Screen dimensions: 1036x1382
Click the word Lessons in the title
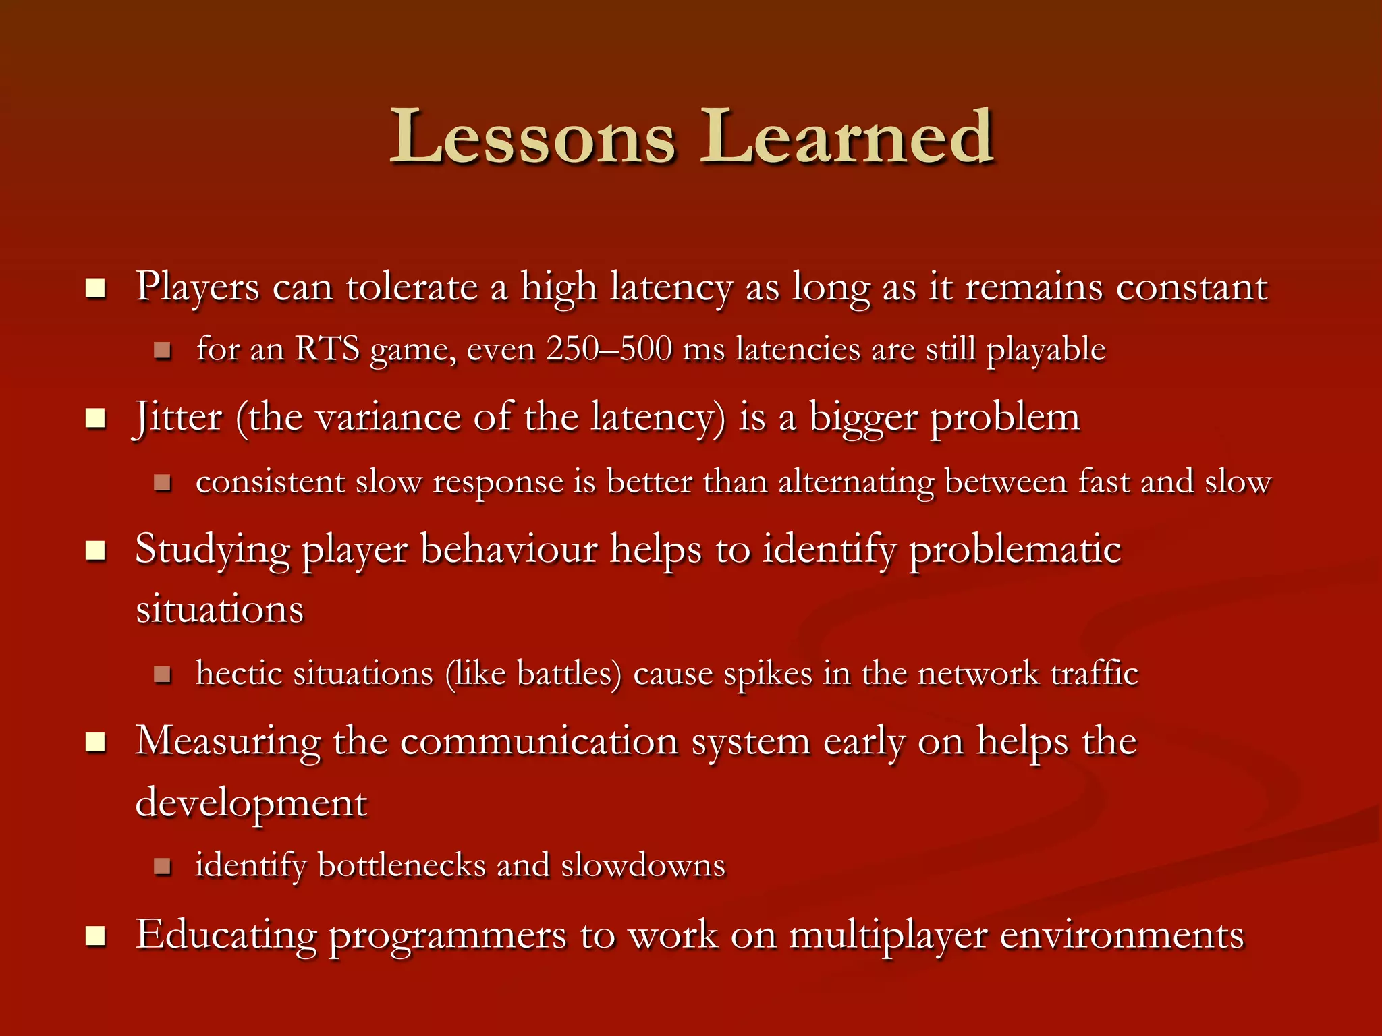[533, 138]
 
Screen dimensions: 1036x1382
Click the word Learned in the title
[847, 138]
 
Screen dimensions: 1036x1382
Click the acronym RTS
[327, 349]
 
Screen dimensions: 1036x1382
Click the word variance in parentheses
[388, 418]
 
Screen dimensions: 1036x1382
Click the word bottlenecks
[401, 865]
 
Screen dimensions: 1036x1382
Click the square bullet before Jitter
[96, 418]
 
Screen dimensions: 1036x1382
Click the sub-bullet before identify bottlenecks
[162, 866]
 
